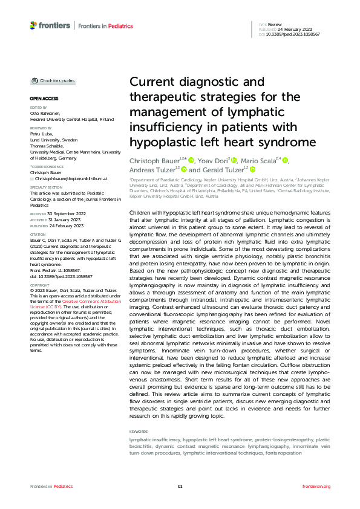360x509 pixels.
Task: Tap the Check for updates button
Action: [x=54, y=80]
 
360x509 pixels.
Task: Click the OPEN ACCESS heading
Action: [x=44, y=98]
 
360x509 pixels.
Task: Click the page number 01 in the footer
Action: [x=180, y=487]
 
